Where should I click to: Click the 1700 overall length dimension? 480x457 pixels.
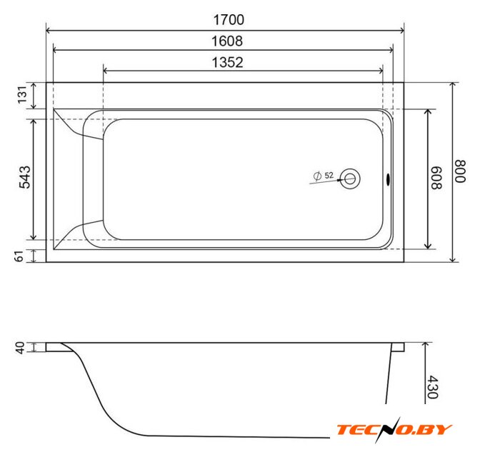[x=229, y=20]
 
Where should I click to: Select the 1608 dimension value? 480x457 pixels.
[x=227, y=41]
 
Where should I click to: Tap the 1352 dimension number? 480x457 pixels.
[x=227, y=62]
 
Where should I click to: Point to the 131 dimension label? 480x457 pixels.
[x=23, y=95]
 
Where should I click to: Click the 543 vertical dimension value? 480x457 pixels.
[x=25, y=177]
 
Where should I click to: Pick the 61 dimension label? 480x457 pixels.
[x=19, y=256]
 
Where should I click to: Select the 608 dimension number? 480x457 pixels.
[x=436, y=178]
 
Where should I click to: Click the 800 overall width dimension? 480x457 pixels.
[x=460, y=171]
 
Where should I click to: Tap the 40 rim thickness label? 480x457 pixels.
[x=20, y=348]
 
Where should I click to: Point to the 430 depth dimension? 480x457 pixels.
[x=433, y=387]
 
